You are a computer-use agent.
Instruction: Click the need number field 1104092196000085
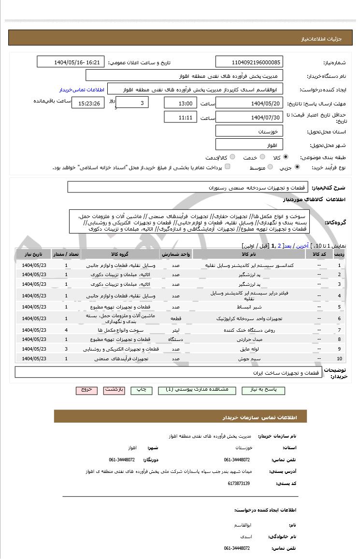coord(249,62)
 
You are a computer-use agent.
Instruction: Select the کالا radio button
coord(286,157)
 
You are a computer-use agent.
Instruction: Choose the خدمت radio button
coord(262,157)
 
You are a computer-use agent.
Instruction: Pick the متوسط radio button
coord(270,167)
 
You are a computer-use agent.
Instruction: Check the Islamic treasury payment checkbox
coord(228,167)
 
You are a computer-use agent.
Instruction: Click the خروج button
coord(86,390)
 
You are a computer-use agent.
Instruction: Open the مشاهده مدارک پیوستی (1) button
coord(197,390)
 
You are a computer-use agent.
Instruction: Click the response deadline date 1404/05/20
coord(249,103)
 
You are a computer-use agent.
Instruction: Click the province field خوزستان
coord(249,132)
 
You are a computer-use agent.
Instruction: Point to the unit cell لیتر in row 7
coord(176,330)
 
